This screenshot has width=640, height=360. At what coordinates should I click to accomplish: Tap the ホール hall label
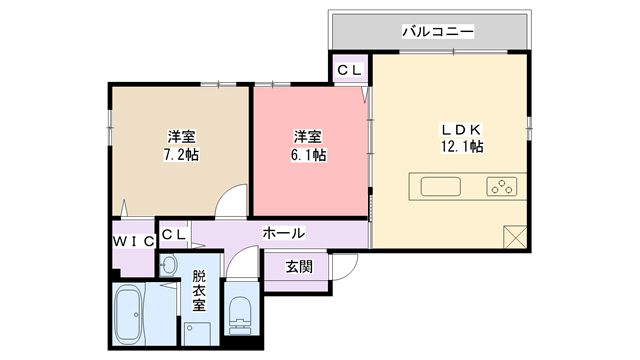pos(283,233)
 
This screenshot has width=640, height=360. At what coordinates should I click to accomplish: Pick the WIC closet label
pos(132,241)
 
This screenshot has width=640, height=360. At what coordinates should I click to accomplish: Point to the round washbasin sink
pos(169,265)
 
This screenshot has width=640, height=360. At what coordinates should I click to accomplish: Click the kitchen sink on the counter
pos(441,186)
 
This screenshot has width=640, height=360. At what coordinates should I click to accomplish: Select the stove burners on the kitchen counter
pos(501,186)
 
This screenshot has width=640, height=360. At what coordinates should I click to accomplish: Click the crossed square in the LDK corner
pos(515,237)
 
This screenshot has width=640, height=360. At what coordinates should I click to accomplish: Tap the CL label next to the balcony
pos(349,70)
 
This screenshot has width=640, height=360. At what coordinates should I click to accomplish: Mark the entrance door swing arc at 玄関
pos(346,265)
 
